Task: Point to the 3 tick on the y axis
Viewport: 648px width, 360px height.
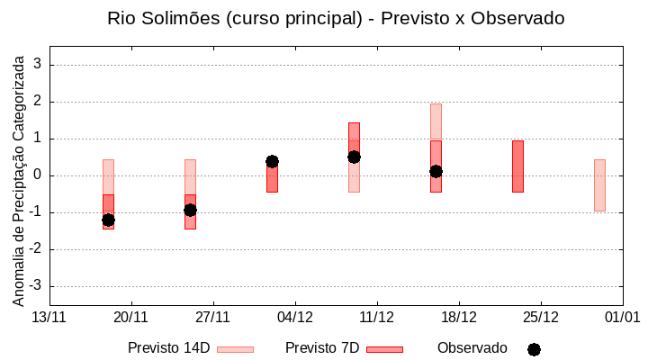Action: pyautogui.click(x=37, y=65)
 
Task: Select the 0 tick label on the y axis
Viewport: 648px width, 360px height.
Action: pyautogui.click(x=37, y=175)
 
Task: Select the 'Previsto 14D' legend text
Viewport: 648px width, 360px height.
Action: pyautogui.click(x=169, y=348)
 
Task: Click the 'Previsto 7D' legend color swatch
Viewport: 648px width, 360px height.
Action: pyautogui.click(x=384, y=349)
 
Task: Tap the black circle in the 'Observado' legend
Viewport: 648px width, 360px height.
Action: pyautogui.click(x=534, y=349)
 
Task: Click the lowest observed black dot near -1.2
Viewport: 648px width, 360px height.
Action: pyautogui.click(x=108, y=220)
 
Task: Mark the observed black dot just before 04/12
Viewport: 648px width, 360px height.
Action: pyautogui.click(x=272, y=161)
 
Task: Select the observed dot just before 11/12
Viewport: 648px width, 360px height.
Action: pyautogui.click(x=354, y=157)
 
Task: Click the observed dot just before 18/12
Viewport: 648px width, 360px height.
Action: pyautogui.click(x=436, y=171)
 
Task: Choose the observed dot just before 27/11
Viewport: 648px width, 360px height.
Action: pyautogui.click(x=190, y=210)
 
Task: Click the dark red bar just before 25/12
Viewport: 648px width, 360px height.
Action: pyautogui.click(x=517, y=166)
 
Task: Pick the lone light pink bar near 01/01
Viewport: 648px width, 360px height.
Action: pyautogui.click(x=599, y=185)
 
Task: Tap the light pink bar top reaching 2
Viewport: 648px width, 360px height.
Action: pyautogui.click(x=436, y=108)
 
